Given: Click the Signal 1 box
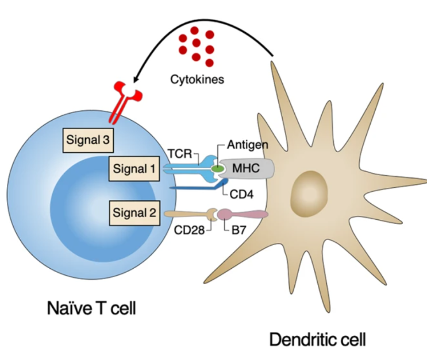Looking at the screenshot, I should [x=133, y=169].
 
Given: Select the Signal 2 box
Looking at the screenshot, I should [x=133, y=214].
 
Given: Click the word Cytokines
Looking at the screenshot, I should [x=197, y=79].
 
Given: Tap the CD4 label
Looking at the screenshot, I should [x=242, y=193].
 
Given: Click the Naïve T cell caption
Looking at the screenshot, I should [x=91, y=309].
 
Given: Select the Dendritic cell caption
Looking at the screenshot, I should [x=317, y=339].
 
